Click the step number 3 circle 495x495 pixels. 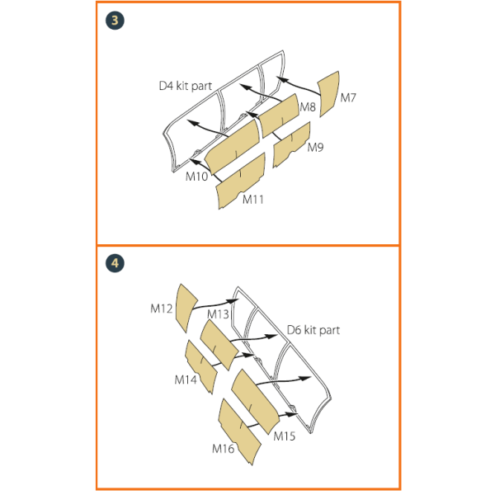[x=115, y=21]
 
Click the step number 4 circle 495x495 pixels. [x=115, y=263]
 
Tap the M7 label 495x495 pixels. [x=348, y=98]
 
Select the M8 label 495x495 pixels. [x=308, y=107]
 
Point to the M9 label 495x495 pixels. [x=315, y=147]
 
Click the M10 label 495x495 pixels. [x=196, y=177]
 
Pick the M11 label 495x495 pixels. [x=253, y=200]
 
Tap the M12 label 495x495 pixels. [x=162, y=309]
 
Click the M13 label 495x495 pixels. [x=218, y=314]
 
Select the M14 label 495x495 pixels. [x=186, y=379]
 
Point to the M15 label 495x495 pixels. [x=285, y=436]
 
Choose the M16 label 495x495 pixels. [x=224, y=449]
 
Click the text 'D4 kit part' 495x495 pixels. [x=186, y=86]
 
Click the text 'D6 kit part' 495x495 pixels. [x=313, y=330]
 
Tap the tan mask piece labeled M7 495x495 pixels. [x=328, y=94]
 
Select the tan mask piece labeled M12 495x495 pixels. [x=186, y=307]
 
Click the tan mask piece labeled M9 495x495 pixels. [x=291, y=144]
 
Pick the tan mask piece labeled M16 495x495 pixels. [x=239, y=431]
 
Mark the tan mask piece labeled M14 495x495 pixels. [x=201, y=366]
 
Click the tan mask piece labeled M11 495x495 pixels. [x=241, y=181]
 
